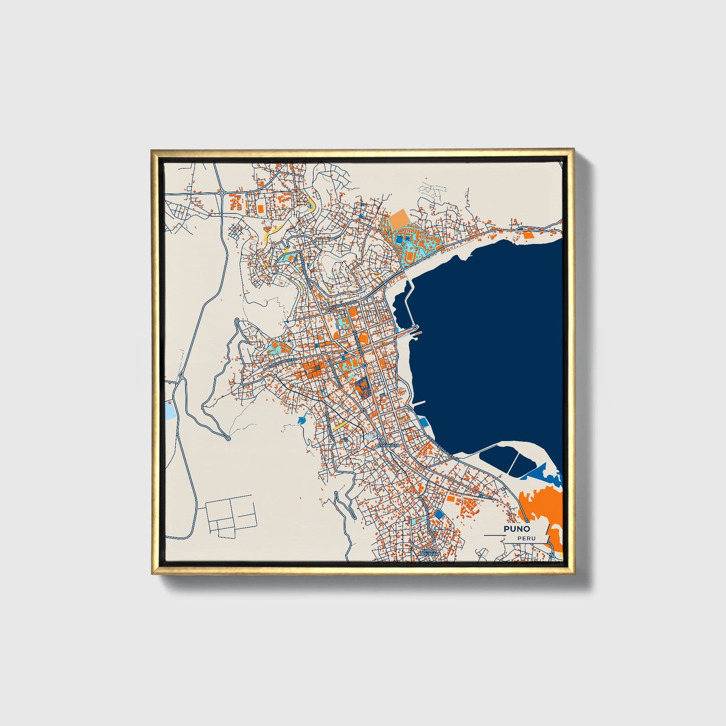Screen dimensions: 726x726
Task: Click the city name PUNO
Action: click(516, 529)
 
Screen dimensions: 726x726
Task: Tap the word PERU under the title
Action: click(528, 539)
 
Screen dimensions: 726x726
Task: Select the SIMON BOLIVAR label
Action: click(430, 552)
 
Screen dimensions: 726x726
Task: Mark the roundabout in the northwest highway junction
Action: click(221, 192)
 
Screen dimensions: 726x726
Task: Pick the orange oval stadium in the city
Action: click(363, 337)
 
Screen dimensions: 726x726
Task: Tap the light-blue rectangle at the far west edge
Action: click(171, 410)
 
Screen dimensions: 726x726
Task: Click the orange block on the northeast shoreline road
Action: click(528, 234)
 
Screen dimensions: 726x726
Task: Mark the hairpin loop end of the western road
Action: click(228, 439)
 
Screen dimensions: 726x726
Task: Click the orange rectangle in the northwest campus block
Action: click(261, 207)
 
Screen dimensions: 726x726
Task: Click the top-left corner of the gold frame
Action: click(152, 151)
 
